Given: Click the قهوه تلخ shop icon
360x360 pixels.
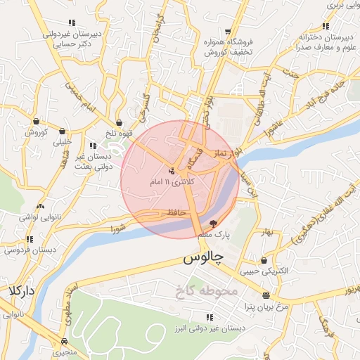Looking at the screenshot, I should coord(119,122).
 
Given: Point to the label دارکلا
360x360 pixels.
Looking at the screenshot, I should coord(22,290).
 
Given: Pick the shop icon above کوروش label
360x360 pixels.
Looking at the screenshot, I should coord(36,121).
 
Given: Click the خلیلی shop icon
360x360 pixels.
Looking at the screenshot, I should coord(63,130).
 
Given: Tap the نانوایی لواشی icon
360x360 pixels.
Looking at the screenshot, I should coord(41,207).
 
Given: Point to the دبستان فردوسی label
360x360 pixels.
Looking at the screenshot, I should coord(29,250).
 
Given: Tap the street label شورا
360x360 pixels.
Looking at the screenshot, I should coord(117,229).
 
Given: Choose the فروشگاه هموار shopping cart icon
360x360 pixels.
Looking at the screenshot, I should coord(229,32).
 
